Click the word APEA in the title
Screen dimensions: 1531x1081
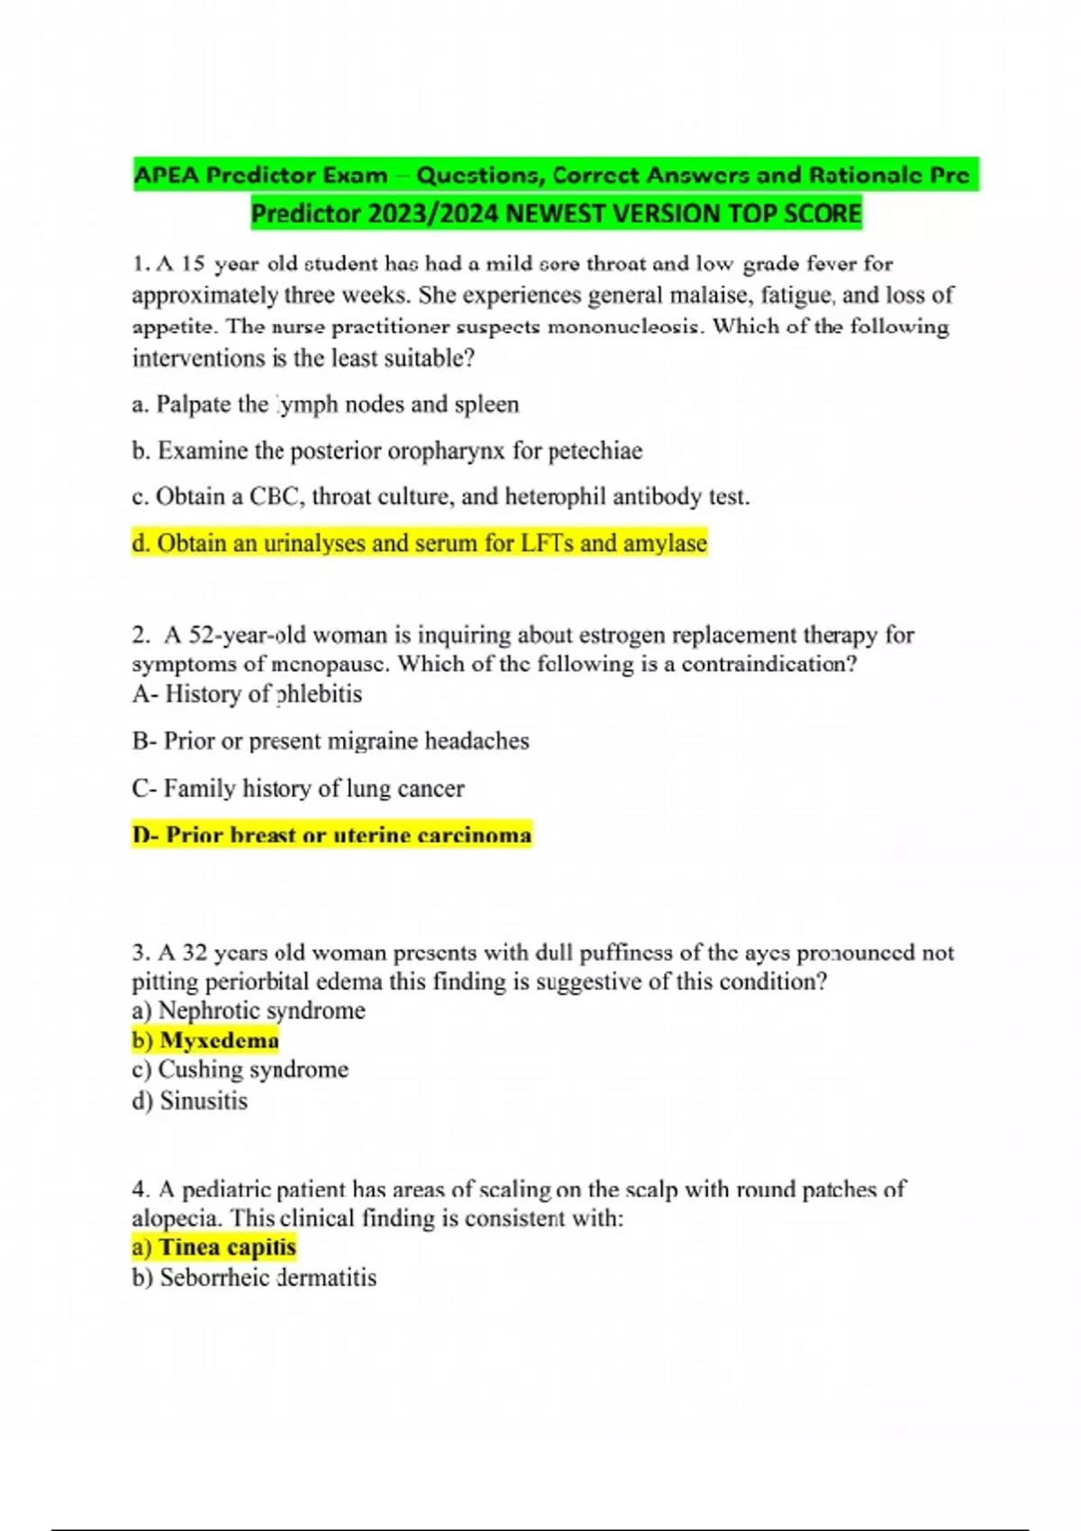pyautogui.click(x=167, y=175)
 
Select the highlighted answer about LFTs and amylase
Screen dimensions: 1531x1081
pyautogui.click(x=419, y=543)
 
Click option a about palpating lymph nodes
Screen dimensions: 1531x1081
pyautogui.click(x=325, y=404)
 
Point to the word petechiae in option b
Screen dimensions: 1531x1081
pyautogui.click(x=595, y=450)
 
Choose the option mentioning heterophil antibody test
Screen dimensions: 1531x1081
pyautogui.click(x=441, y=496)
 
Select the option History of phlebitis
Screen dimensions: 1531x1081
pyautogui.click(x=247, y=694)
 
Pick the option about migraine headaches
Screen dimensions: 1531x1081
pyautogui.click(x=330, y=741)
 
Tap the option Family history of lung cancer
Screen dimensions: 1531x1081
pyautogui.click(x=298, y=789)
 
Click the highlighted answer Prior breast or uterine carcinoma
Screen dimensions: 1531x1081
pyautogui.click(x=332, y=835)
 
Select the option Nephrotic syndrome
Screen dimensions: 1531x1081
pyautogui.click(x=249, y=1010)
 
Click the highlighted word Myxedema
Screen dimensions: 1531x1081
pyautogui.click(x=219, y=1040)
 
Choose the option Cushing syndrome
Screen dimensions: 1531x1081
pyautogui.click(x=240, y=1070)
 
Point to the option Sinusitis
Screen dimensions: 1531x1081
pyautogui.click(x=190, y=1101)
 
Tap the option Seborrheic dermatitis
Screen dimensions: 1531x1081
pyautogui.click(x=254, y=1278)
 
